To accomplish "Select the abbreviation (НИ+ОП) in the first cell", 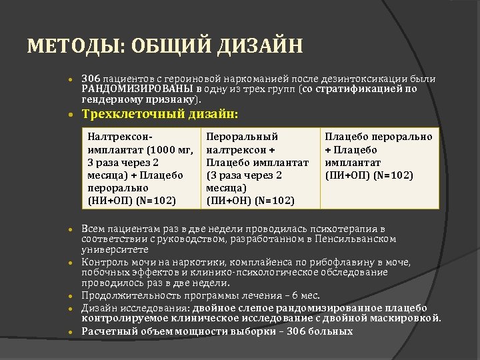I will click(109, 200).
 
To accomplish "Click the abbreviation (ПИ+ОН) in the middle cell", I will click(227, 200).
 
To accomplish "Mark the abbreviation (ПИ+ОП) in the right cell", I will click(346, 175).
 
